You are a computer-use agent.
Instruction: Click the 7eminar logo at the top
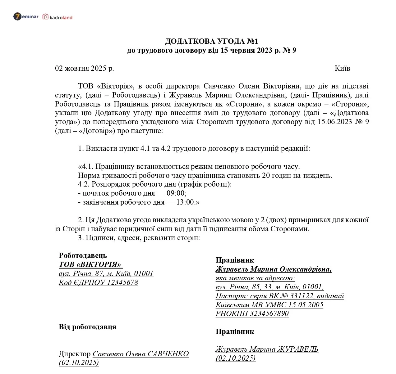25,16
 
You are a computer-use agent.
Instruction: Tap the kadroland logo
58,17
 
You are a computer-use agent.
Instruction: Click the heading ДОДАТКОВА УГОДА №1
212,41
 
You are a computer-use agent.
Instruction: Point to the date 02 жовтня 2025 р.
85,68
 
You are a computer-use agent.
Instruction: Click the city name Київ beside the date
342,68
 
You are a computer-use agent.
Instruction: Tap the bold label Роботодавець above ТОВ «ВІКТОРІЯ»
83,255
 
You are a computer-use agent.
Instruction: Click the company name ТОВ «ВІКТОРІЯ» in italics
90,264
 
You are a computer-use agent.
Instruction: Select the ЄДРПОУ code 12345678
122,282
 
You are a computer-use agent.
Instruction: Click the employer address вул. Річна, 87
81,273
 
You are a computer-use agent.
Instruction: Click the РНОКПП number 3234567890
269,314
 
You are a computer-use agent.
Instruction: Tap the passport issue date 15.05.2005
306,305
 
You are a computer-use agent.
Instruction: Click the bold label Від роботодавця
87,327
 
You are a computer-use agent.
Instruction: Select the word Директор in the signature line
75,354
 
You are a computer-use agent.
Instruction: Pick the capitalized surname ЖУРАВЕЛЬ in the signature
297,349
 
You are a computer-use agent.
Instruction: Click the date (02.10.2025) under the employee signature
236,358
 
